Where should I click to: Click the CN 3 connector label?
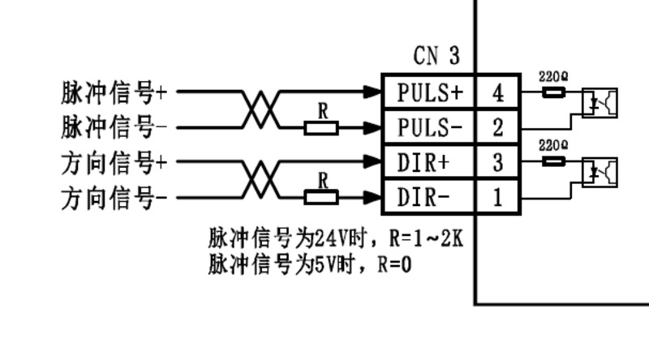coord(436,56)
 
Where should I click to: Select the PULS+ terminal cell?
coord(429,92)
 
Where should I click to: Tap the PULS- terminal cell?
coord(429,127)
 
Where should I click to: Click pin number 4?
coord(497,92)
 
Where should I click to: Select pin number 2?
coord(497,127)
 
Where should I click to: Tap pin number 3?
coord(497,162)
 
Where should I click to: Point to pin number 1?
coord(497,197)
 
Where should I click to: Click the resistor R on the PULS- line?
coord(322,127)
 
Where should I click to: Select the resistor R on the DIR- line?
coord(322,196)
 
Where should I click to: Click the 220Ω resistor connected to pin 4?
coord(553,92)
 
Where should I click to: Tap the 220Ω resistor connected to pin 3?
coord(553,161)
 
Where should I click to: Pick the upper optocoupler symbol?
coord(600,102)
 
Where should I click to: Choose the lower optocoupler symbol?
coord(600,172)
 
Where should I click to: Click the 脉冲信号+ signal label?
coord(114,92)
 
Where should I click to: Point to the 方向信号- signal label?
coord(114,198)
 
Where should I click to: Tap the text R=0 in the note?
coord(394,264)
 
